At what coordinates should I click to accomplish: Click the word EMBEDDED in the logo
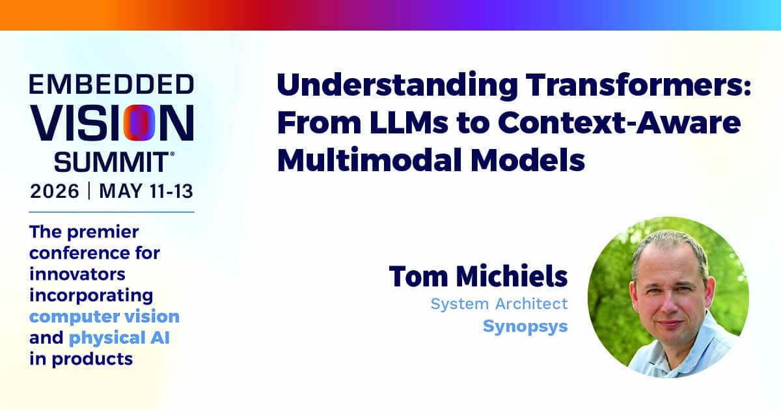coord(111,84)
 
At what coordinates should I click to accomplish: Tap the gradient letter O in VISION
coord(139,122)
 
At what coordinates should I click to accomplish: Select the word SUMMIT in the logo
coord(112,162)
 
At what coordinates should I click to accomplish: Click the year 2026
coord(55,191)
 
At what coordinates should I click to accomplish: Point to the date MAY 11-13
coord(146,191)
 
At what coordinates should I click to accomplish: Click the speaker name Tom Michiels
coord(478,276)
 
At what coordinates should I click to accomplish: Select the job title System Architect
coord(499,304)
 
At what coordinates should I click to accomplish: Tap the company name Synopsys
coord(525,327)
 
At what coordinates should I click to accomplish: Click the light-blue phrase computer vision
coord(104,317)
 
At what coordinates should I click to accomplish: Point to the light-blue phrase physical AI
coord(119,338)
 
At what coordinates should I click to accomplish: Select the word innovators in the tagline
coord(77,274)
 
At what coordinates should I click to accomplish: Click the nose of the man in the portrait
coord(667,303)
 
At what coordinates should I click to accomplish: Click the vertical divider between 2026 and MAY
coord(89,191)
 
